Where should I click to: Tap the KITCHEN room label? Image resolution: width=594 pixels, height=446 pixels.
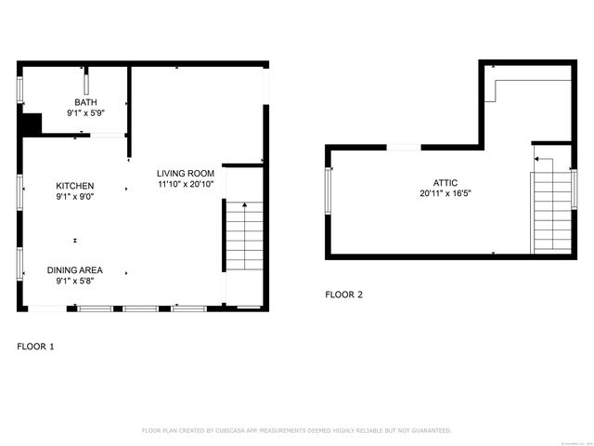click(x=74, y=186)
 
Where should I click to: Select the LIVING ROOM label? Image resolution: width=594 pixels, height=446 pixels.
click(x=186, y=173)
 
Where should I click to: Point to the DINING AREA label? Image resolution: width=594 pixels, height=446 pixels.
click(x=74, y=269)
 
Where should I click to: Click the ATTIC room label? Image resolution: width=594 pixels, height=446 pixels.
click(x=445, y=183)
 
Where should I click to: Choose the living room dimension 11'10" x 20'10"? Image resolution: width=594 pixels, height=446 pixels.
click(x=186, y=184)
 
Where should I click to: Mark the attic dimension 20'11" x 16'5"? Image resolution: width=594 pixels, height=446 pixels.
click(x=445, y=194)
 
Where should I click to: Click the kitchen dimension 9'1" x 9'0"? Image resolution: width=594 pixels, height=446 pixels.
click(x=74, y=196)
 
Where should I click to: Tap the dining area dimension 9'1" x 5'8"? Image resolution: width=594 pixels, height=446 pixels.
click(x=74, y=280)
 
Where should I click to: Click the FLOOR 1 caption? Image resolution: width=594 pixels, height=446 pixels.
click(x=35, y=347)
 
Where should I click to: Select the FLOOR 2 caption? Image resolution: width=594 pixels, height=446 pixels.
click(x=343, y=295)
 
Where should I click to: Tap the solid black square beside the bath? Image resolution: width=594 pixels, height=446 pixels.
click(x=32, y=124)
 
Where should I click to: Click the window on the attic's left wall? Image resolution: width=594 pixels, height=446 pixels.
click(x=328, y=190)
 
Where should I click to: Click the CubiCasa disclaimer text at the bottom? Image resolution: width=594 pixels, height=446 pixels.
click(x=296, y=430)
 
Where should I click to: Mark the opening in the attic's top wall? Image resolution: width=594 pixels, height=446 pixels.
click(x=404, y=147)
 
